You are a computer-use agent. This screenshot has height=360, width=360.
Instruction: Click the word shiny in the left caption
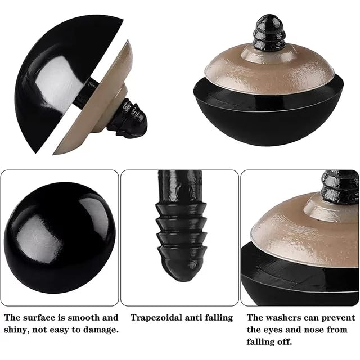[16, 330]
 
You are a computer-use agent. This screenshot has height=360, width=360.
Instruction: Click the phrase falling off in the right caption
[269, 342]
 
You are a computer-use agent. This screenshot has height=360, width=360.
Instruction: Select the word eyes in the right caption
[274, 330]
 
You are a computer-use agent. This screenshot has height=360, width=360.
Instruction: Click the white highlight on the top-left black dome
[60, 82]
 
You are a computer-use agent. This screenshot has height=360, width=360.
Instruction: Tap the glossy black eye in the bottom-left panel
[60, 237]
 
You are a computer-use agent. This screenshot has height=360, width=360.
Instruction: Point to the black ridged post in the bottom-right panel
[339, 187]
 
